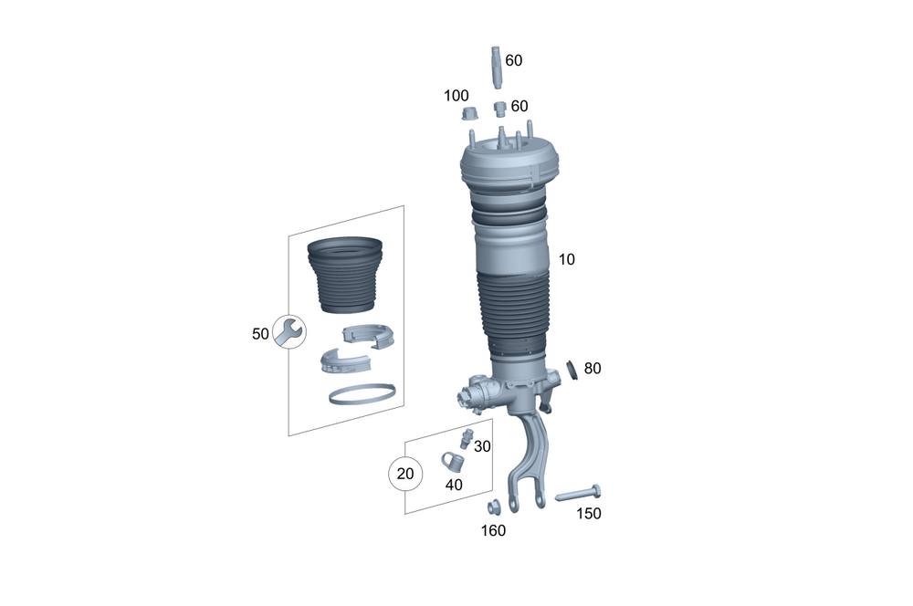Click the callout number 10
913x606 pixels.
[x=567, y=259]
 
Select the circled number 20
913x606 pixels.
[x=405, y=474]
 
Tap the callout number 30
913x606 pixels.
[x=482, y=446]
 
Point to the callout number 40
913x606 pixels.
[x=454, y=485]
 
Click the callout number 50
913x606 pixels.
[x=260, y=334]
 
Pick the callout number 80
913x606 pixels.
[x=593, y=369]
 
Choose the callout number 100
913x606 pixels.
[x=456, y=96]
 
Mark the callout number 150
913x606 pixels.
[x=589, y=514]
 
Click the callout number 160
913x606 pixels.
[x=493, y=531]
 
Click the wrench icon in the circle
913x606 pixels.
[x=289, y=332]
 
